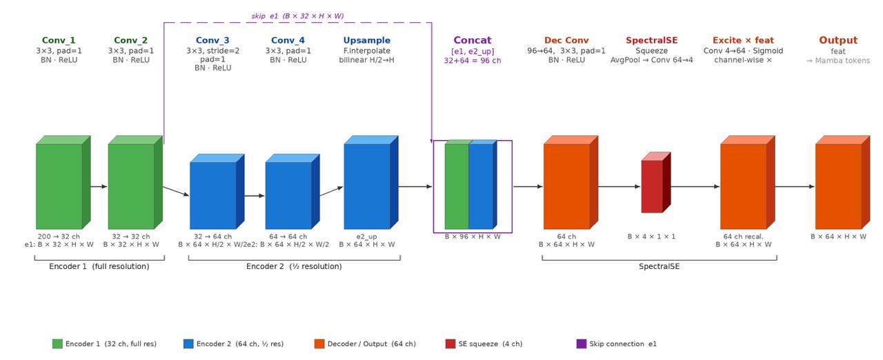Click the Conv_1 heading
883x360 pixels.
coord(59,40)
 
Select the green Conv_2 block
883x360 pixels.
coord(135,182)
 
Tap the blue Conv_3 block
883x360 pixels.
coord(217,192)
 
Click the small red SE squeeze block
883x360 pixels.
coord(656,182)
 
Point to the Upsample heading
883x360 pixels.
coord(366,40)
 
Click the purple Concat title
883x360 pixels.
coord(473,40)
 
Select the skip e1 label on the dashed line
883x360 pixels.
coord(297,16)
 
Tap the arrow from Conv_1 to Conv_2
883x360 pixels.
coord(99,186)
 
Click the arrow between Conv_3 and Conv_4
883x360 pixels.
coord(255,195)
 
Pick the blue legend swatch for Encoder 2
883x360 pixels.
coord(188,344)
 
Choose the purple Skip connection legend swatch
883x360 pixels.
coord(582,344)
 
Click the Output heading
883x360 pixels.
coord(838,40)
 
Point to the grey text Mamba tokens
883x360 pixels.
coord(842,61)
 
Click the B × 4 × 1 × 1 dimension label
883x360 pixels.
coord(651,237)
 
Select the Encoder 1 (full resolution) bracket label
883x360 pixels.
coord(99,266)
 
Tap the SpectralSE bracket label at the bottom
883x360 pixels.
coord(659,266)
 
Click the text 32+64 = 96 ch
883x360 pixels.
coord(473,61)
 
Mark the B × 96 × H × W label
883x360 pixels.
coord(473,237)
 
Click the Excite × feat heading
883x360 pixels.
coord(743,40)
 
